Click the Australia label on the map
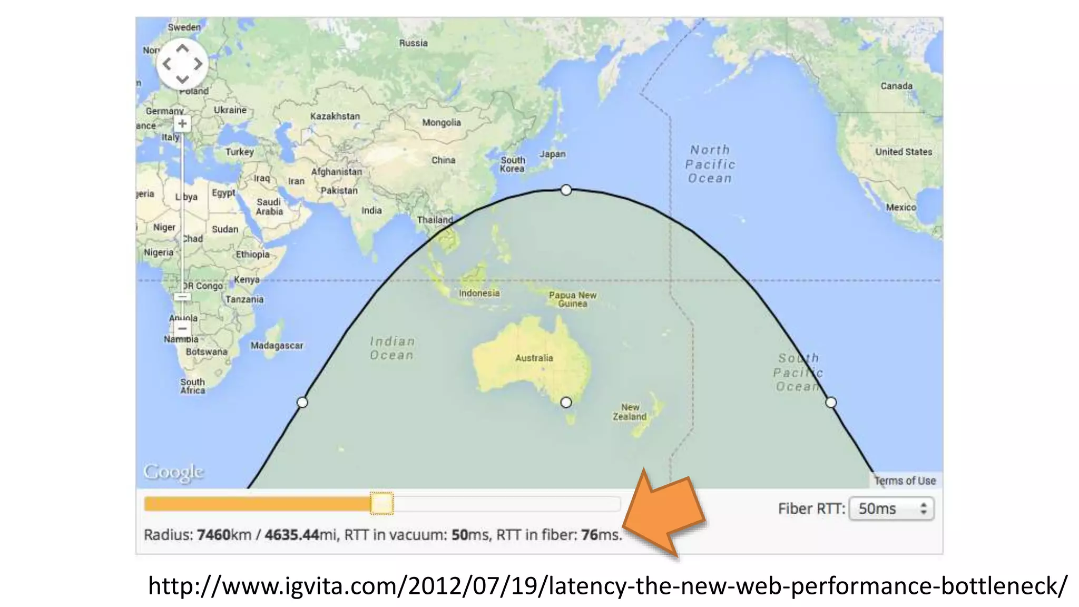click(534, 358)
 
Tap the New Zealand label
click(629, 412)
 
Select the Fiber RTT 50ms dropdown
click(891, 508)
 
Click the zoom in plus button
click(182, 124)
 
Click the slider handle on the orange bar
click(381, 503)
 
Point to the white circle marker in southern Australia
click(566, 403)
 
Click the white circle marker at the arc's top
click(566, 190)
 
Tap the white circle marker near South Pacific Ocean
click(831, 403)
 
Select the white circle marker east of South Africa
click(302, 403)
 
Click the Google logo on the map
click(173, 472)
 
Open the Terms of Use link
click(905, 481)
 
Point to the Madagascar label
click(277, 346)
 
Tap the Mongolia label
click(441, 122)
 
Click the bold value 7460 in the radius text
click(213, 535)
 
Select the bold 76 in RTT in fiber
click(590, 535)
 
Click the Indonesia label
click(479, 293)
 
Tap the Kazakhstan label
click(335, 116)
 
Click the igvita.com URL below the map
click(607, 585)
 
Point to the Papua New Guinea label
click(573, 299)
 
